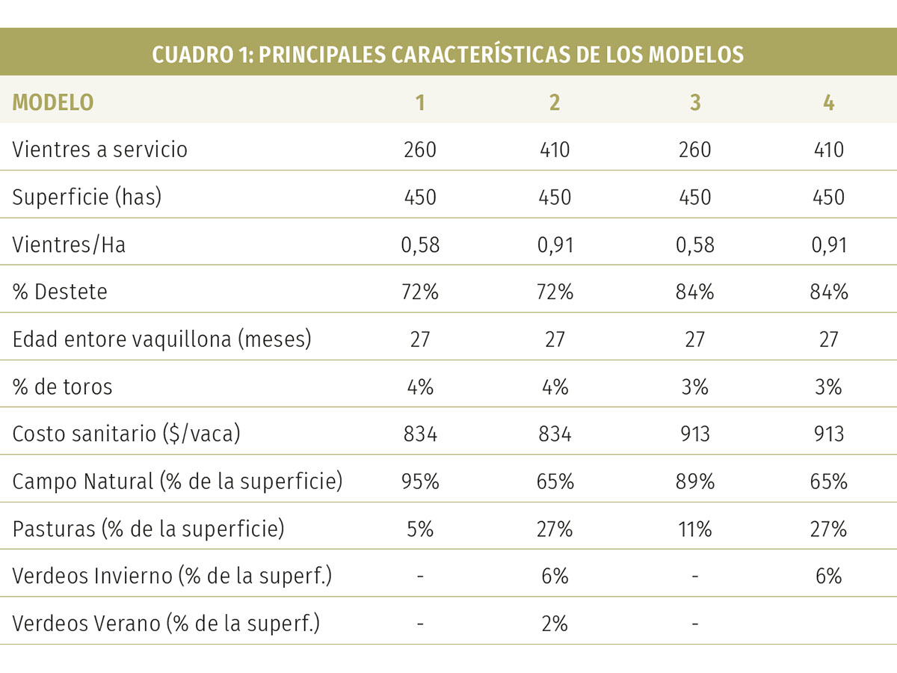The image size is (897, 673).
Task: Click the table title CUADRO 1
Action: (448, 55)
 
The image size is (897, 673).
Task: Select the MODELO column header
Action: (53, 102)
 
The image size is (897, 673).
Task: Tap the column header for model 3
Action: (694, 102)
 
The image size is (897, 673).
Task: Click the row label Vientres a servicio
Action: (99, 150)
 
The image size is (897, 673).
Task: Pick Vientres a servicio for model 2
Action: (554, 150)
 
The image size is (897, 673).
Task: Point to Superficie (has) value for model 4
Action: (828, 197)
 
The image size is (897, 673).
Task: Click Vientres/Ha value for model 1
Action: (420, 245)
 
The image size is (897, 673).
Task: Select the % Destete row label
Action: (60, 292)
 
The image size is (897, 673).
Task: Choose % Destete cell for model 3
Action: (694, 292)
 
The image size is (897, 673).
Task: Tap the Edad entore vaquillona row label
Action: (161, 339)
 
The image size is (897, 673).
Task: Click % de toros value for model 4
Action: (828, 387)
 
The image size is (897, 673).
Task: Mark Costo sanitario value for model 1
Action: (420, 434)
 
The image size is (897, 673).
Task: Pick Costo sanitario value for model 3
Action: (694, 434)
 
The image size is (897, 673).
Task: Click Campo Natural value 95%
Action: (420, 482)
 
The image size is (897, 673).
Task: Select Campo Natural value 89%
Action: (694, 482)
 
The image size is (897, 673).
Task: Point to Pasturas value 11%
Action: (694, 529)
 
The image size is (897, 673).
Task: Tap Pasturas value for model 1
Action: (420, 529)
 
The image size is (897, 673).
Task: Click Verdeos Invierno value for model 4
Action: (828, 577)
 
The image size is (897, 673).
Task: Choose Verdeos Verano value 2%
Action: (554, 624)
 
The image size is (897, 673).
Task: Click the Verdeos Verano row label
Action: (166, 624)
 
